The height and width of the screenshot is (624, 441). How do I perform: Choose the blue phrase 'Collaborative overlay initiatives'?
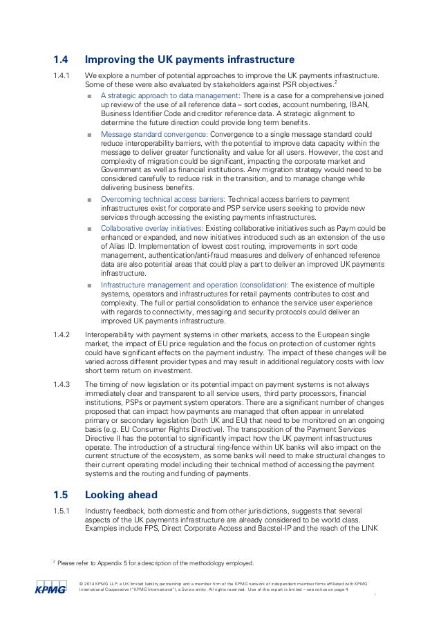click(152, 228)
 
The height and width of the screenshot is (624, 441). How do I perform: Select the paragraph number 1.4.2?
click(62, 334)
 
